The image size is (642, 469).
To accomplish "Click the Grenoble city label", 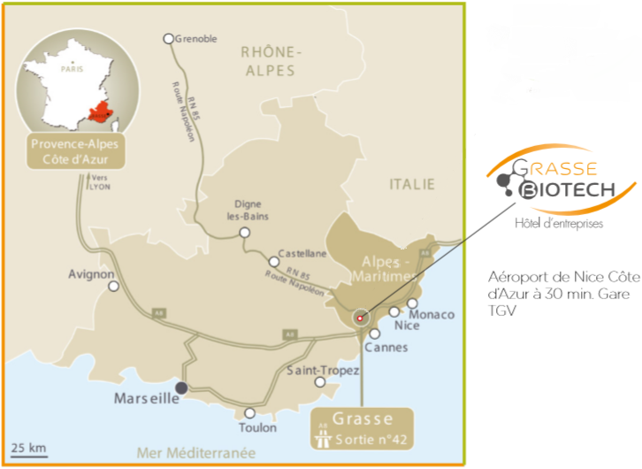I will (x=197, y=39).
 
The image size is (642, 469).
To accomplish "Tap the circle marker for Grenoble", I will (x=169, y=39).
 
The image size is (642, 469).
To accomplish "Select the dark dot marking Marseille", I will (x=180, y=388).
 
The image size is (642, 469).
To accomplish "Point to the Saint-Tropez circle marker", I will (x=320, y=381).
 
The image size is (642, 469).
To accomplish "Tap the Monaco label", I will (x=432, y=315).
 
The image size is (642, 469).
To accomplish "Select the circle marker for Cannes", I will (x=375, y=334).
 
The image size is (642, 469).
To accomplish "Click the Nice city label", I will (x=407, y=326).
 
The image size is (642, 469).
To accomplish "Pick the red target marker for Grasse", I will (x=360, y=318).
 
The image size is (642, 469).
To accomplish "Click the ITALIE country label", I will (x=413, y=184).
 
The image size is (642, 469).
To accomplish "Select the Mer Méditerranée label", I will (x=189, y=452).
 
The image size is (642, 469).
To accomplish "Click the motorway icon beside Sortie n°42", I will (x=323, y=434).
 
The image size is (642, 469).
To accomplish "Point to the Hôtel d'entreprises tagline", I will (x=559, y=224).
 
